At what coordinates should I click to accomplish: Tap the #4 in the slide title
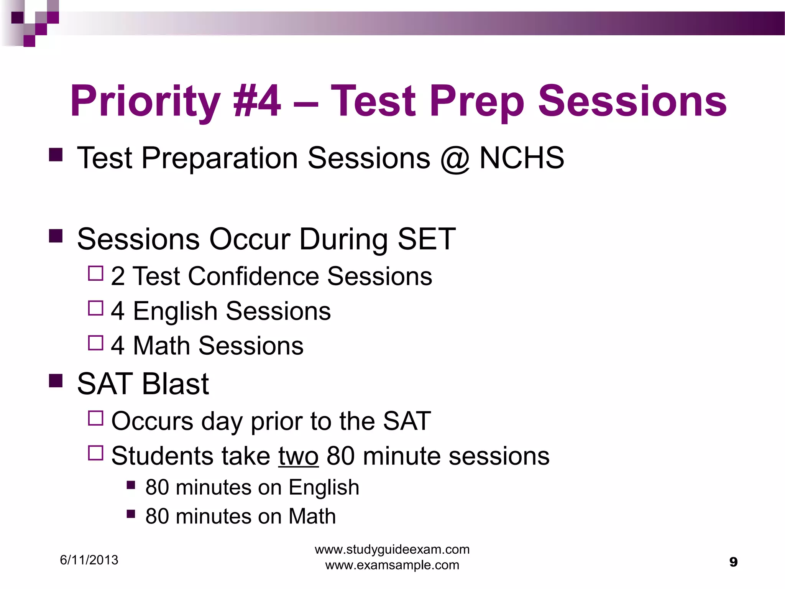click(257, 101)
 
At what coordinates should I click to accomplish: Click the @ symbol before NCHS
click(455, 158)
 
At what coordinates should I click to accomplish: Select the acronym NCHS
click(522, 158)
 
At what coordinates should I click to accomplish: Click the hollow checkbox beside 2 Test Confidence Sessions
click(95, 274)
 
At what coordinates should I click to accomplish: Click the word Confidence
click(253, 276)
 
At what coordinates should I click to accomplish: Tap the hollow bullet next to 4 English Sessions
click(95, 308)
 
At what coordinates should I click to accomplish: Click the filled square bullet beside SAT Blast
click(56, 381)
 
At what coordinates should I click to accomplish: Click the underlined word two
click(298, 456)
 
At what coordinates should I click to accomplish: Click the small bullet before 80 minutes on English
click(131, 485)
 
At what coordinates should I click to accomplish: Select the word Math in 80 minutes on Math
click(312, 516)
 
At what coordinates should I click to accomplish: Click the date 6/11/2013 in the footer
click(89, 560)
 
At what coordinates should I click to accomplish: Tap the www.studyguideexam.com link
click(392, 550)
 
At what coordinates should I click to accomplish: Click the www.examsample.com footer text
click(392, 565)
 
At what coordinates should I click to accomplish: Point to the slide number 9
click(733, 562)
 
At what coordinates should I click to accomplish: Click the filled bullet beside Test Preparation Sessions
click(56, 155)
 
